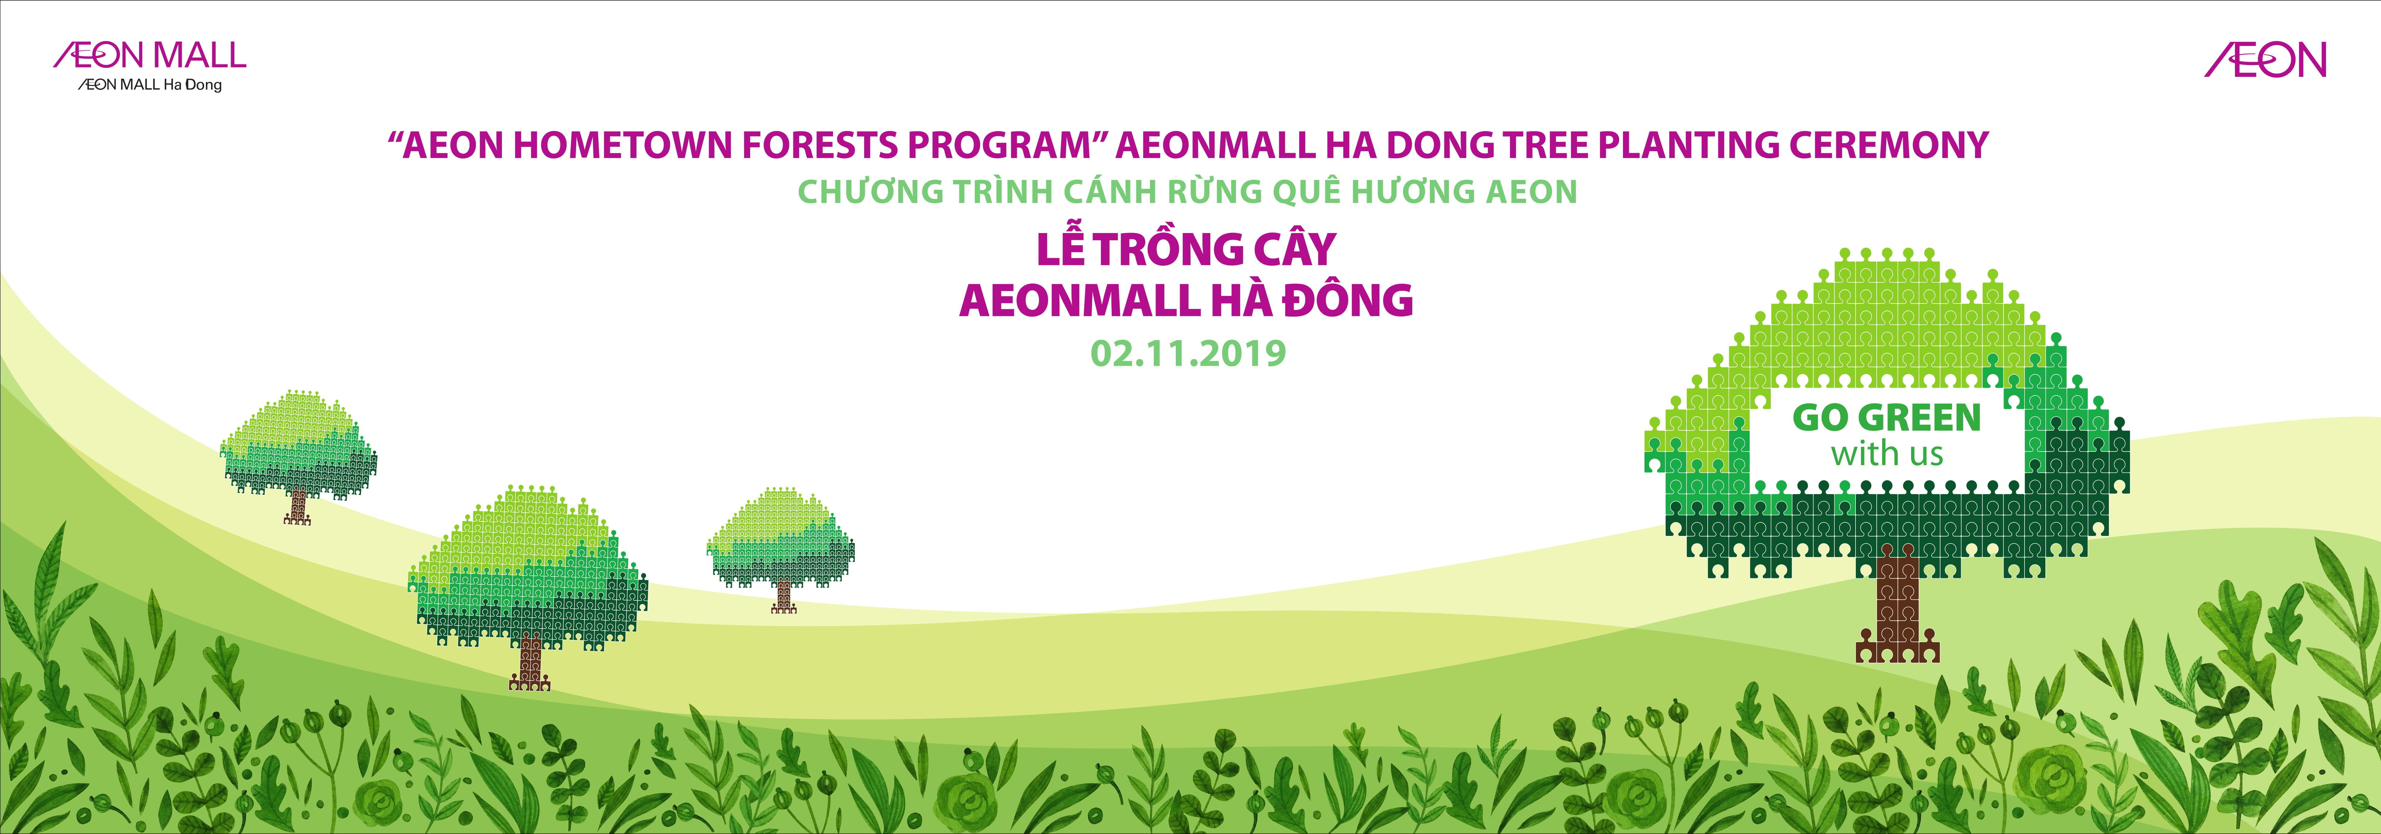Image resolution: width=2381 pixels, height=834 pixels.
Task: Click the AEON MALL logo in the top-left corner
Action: pos(150,55)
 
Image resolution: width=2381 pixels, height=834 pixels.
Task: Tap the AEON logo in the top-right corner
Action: pos(2266,60)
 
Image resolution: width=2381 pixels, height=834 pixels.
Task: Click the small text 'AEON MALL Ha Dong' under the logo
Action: pos(150,85)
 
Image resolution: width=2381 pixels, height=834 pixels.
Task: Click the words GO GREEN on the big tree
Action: pos(1886,418)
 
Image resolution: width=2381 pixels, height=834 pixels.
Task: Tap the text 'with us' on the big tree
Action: pos(1886,454)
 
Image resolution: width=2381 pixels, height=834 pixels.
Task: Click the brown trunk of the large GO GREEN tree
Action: pos(1897,606)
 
